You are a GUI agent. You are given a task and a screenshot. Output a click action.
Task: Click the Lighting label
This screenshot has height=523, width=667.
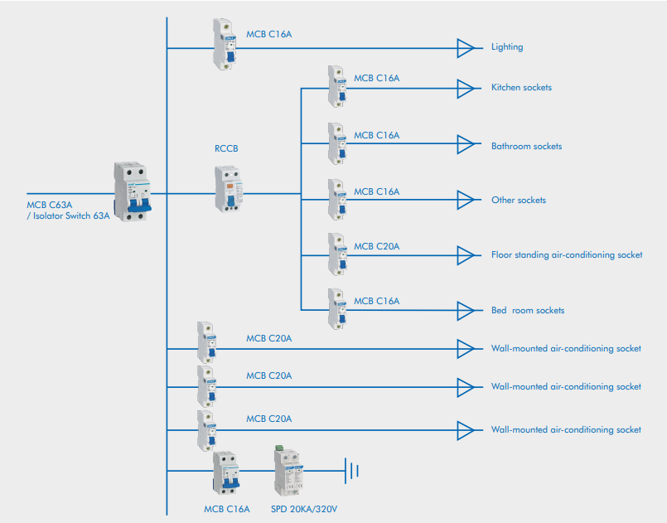[507, 47]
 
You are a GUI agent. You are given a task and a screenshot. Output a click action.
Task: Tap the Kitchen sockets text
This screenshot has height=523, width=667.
[521, 87]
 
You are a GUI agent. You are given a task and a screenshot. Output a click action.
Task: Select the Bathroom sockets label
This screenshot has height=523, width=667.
[526, 146]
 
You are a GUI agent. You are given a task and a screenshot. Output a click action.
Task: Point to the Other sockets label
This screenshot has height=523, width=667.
[519, 200]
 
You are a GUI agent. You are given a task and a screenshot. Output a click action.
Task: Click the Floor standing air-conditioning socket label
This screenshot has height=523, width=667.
[567, 254]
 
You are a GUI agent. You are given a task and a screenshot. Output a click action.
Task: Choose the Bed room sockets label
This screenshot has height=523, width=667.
[528, 310]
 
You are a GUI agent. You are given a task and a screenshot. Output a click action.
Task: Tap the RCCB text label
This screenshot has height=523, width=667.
[226, 149]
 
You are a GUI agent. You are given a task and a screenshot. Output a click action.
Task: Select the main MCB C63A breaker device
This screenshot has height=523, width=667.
[133, 192]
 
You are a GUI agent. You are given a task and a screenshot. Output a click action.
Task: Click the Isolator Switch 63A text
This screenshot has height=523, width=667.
[68, 215]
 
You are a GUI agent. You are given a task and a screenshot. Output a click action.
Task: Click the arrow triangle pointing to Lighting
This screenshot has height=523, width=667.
[466, 48]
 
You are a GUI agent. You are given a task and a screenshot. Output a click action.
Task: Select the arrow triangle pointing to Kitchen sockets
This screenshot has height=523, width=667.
[466, 87]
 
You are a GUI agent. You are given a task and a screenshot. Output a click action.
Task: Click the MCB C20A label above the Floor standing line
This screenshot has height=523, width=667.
[377, 246]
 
